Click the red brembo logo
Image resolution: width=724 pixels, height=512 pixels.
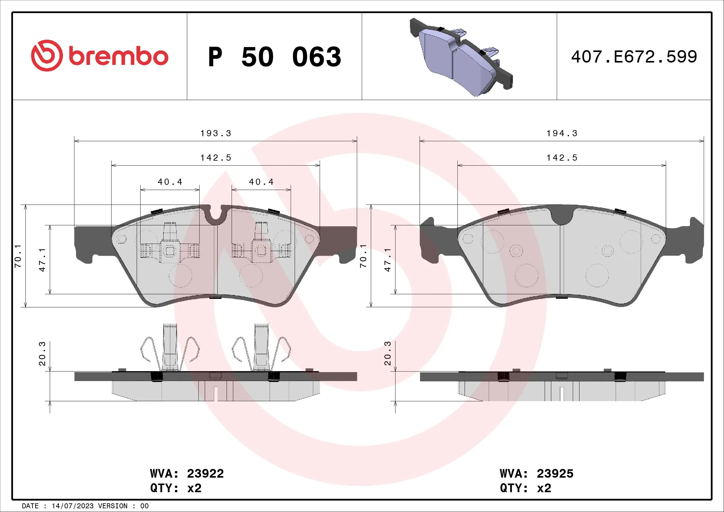pos(99,56)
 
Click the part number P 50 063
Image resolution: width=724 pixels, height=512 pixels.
pos(274,57)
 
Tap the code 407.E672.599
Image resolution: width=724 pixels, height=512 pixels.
pos(634,57)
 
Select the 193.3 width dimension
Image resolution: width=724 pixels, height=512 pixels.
pos(216,133)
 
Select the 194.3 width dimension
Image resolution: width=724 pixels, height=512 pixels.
pos(562,133)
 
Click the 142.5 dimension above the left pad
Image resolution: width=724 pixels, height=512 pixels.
pos(216,158)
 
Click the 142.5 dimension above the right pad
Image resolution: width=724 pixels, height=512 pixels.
pos(562,158)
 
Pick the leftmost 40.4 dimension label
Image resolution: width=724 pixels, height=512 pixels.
pos(170,182)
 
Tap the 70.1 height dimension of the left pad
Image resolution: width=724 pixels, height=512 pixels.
pos(18,256)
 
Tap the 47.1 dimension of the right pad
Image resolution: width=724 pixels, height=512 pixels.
pos(388,259)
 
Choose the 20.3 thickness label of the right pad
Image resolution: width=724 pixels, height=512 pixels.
pos(388,353)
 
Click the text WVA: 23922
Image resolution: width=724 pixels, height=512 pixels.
pos(187,474)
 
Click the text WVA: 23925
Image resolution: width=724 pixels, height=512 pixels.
pos(536,474)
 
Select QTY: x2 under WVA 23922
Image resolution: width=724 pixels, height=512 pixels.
pos(176,488)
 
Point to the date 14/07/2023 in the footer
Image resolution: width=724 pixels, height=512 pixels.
pos(72,506)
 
